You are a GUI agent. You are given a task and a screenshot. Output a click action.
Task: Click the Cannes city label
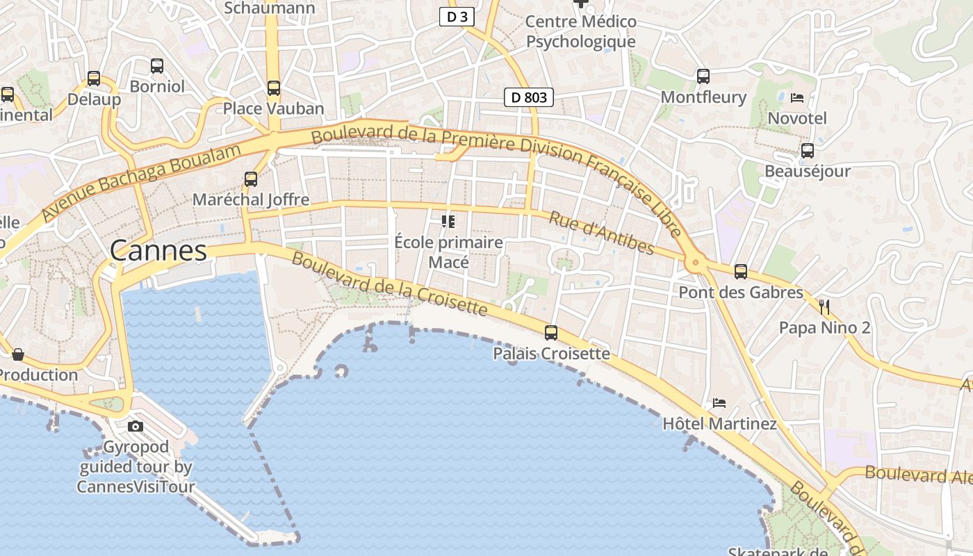point(158,251)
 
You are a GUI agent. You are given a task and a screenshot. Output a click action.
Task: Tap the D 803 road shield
point(529,97)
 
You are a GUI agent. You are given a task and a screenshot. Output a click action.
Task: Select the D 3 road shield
point(457,17)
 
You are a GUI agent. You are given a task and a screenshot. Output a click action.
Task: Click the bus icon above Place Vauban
point(274,88)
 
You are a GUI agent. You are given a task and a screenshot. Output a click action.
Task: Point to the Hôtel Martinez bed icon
point(719,403)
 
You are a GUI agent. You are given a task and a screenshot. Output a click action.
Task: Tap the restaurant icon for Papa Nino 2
point(824,306)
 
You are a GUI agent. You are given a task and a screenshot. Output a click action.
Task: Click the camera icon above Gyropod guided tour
point(136,426)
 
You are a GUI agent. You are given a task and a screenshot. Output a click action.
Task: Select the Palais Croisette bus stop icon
point(551,333)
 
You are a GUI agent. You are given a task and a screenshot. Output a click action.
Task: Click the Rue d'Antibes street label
point(602,233)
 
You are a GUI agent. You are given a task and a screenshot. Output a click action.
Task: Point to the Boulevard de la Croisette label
point(389,284)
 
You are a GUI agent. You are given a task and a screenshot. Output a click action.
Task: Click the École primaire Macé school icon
point(448,222)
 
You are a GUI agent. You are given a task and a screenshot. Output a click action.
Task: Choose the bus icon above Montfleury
point(703,76)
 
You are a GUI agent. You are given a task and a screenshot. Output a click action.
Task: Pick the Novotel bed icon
point(797,97)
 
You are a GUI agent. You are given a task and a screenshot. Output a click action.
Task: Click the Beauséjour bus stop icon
point(808,150)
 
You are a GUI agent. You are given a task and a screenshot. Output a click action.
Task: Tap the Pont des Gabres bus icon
point(741,272)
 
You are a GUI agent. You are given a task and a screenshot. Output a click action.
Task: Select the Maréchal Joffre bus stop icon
point(251,179)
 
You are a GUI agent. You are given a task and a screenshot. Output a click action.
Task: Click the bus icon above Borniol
point(157,66)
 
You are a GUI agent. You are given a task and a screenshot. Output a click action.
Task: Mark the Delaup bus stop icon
point(94,79)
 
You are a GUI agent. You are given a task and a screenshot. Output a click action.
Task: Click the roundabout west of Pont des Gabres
point(695,263)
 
